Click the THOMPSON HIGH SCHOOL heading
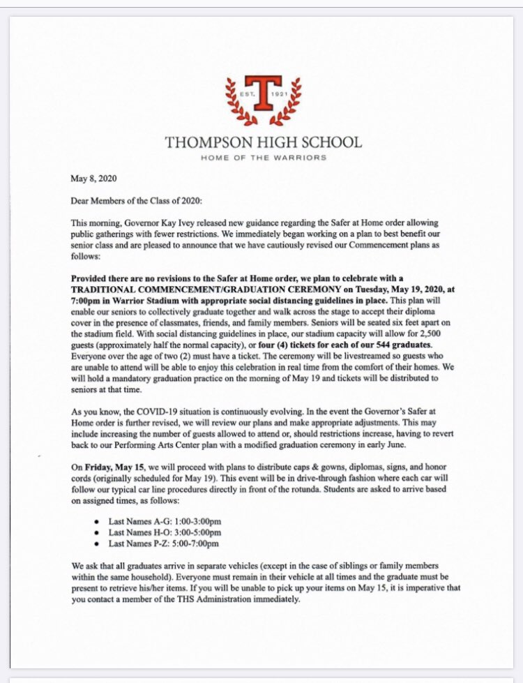pyautogui.click(x=263, y=142)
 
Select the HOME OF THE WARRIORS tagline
pyautogui.click(x=263, y=158)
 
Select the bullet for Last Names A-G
pyautogui.click(x=95, y=521)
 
